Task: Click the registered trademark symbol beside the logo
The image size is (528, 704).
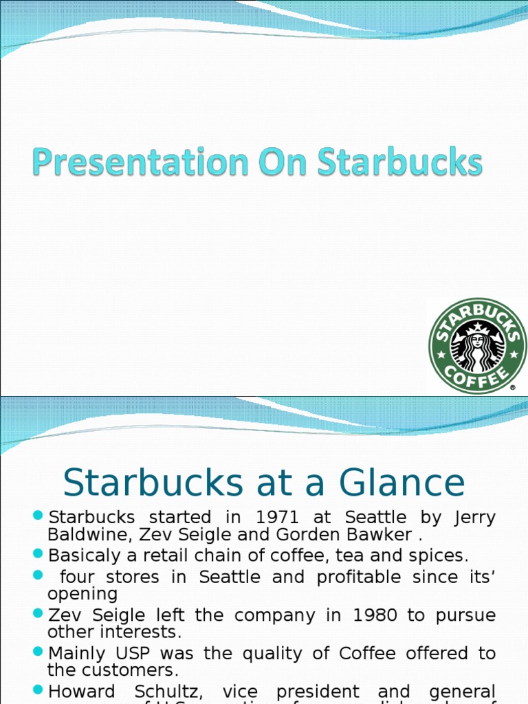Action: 513,388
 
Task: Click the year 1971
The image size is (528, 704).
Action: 276,518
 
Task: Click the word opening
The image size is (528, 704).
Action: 82,593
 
